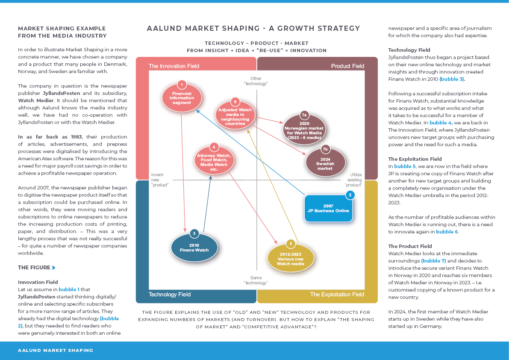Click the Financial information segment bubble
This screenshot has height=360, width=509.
point(182,98)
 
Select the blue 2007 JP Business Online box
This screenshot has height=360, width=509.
point(328,208)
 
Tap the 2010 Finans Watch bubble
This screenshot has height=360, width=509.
point(194,248)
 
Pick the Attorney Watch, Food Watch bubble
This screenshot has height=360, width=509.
point(214,160)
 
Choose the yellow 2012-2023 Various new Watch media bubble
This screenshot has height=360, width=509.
point(291,259)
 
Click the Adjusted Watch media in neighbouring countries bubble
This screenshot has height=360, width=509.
point(235,115)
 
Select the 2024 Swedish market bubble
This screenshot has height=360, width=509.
point(325,163)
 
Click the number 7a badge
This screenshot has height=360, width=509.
point(304,115)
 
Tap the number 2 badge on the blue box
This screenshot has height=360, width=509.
point(350,195)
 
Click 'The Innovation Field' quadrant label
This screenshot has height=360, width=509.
point(174,66)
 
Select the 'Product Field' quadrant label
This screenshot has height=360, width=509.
point(347,66)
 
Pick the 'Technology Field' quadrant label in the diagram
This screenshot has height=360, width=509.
point(169,295)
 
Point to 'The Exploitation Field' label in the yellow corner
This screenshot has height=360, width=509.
point(337,295)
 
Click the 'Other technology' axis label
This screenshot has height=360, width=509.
point(256,81)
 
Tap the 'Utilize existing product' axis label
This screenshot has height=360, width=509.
point(354,180)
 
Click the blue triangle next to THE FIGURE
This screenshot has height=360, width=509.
point(54,268)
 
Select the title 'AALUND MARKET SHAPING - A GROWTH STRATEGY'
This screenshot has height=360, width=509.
point(253,29)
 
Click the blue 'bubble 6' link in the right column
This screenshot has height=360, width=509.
point(447,232)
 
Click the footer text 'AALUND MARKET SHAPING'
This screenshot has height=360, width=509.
point(56,350)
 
